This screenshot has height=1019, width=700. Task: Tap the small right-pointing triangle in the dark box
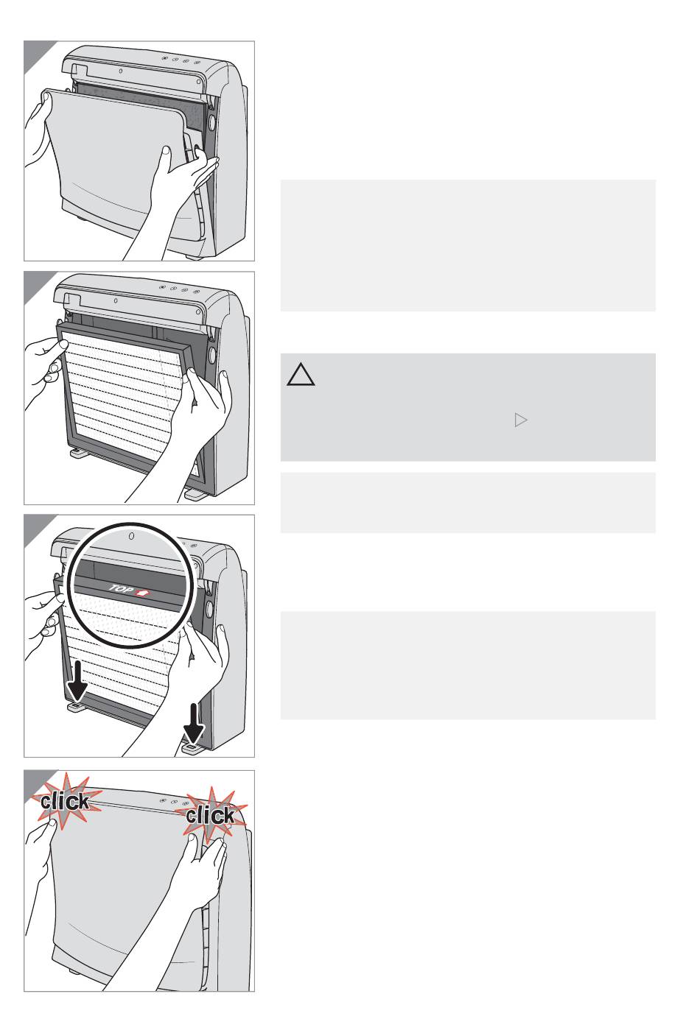(x=521, y=420)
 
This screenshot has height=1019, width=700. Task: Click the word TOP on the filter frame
(x=121, y=589)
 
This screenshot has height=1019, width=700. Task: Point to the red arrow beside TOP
(x=143, y=592)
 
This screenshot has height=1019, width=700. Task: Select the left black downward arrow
(x=77, y=681)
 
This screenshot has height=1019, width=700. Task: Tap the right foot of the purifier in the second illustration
(x=195, y=494)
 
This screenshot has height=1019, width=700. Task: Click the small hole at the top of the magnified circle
(x=132, y=536)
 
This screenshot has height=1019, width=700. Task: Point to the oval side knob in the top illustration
(x=211, y=123)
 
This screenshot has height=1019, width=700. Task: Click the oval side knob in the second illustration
(x=212, y=354)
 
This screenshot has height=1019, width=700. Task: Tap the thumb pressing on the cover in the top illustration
(x=167, y=154)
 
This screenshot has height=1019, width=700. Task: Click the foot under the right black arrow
(x=192, y=748)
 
